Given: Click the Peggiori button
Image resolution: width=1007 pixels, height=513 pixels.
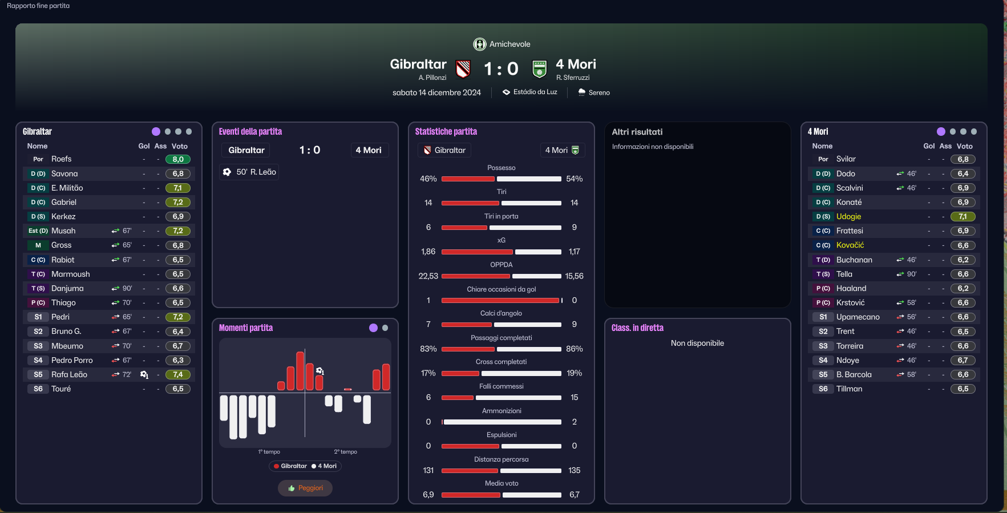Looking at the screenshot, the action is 305,488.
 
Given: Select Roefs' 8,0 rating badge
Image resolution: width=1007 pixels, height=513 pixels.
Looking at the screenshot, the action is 178,159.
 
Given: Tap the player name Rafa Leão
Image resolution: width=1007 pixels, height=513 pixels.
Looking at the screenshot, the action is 69,374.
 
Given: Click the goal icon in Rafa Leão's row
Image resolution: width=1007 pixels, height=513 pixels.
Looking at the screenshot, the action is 144,375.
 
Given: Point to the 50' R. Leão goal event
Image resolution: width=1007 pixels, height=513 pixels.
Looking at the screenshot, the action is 250,172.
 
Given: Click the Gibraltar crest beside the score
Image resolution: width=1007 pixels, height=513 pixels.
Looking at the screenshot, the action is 463,69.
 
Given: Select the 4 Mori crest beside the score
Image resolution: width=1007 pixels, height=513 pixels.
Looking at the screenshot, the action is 539,69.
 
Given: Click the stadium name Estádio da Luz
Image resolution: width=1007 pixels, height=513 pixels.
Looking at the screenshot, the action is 535,92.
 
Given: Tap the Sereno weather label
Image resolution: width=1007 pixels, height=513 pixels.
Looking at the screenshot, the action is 599,92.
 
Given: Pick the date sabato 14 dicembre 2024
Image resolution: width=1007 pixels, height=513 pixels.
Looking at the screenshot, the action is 436,92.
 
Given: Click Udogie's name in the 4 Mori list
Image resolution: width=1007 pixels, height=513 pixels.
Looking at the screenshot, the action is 848,216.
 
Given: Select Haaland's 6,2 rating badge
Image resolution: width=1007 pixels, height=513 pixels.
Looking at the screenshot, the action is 963,288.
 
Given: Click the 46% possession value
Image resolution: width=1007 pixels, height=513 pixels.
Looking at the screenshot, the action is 428,179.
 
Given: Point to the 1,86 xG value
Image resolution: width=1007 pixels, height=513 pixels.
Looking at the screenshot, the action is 428,252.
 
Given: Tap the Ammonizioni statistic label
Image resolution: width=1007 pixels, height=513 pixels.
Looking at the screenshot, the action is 502,411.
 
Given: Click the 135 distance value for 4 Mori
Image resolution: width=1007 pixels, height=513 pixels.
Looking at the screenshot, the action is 575,470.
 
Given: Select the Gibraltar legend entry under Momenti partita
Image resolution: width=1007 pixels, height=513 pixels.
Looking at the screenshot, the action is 290,466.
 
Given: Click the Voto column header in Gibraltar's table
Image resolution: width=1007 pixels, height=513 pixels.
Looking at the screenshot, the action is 180,146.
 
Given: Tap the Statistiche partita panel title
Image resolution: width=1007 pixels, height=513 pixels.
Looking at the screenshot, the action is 446,131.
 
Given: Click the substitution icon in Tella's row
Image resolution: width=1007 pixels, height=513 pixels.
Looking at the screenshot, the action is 900,274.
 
